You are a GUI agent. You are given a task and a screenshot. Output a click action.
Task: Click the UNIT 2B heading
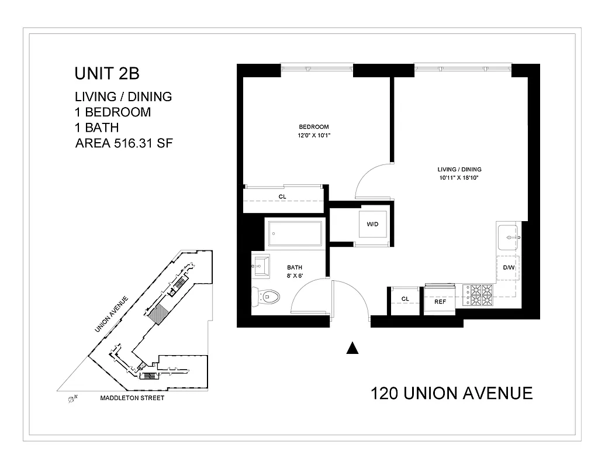coord(107,74)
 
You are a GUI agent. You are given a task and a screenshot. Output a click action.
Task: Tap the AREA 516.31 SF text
coord(124,143)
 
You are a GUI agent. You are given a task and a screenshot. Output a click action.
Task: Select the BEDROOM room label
coord(314,127)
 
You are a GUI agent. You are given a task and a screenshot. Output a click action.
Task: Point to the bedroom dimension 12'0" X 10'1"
coord(314,135)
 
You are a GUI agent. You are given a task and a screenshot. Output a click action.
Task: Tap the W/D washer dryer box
coord(372,223)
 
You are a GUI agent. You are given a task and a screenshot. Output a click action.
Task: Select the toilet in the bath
coord(265,297)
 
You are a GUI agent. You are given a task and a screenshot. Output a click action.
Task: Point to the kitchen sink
coord(507,238)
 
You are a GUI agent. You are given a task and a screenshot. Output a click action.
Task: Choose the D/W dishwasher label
coord(508,267)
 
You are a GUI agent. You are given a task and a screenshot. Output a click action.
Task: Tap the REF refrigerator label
coord(440,301)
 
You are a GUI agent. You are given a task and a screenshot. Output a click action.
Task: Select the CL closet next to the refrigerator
coord(405,299)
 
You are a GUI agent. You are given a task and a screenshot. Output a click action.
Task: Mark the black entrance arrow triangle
coord(351,348)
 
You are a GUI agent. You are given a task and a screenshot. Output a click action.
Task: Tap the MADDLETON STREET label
coord(132,398)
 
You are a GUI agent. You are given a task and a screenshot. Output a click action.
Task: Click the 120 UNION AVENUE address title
coord(452,393)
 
